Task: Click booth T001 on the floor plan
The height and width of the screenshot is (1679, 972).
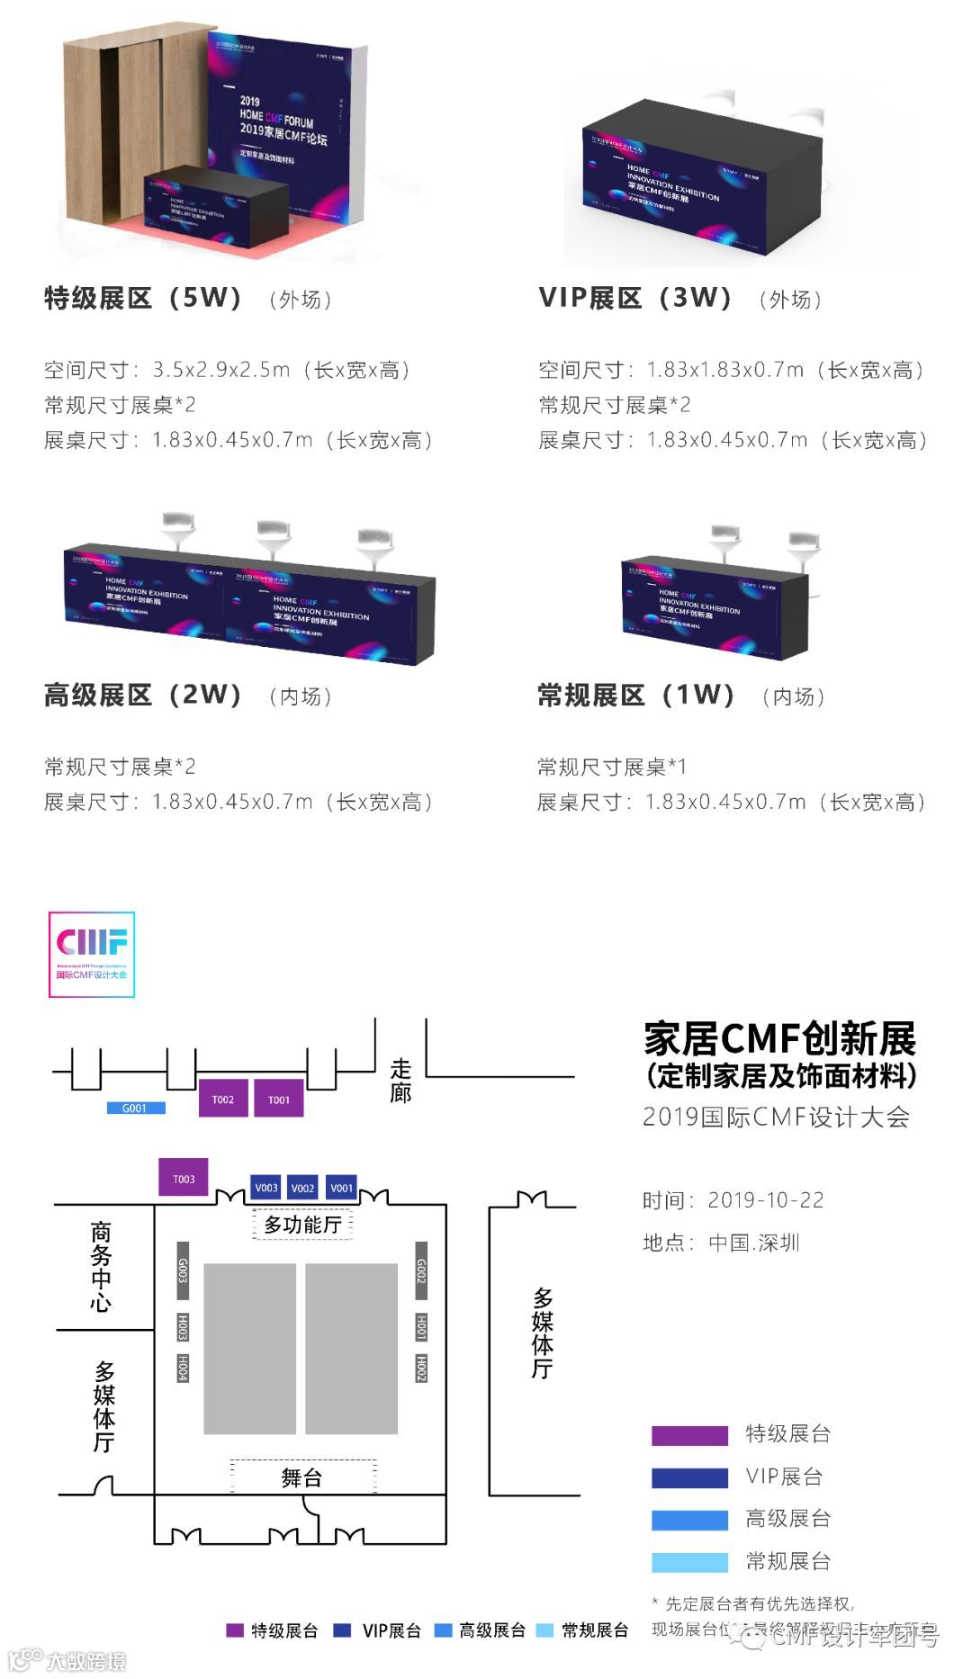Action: [279, 1099]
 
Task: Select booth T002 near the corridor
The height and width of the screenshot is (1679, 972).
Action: [223, 1099]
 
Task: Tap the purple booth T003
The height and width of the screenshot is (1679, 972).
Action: [184, 1178]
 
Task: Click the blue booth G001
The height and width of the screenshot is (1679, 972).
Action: [135, 1108]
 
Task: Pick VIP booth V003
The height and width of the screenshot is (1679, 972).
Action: [266, 1188]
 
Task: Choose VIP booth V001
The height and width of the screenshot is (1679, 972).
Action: [341, 1188]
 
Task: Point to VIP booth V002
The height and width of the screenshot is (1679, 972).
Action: [303, 1188]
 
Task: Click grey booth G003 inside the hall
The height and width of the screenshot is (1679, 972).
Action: [183, 1270]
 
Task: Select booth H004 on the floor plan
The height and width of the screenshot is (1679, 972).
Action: [183, 1368]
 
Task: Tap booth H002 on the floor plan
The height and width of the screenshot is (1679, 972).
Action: [420, 1368]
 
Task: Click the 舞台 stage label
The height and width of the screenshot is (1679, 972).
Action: [302, 1477]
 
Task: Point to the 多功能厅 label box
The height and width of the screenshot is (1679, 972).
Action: [302, 1225]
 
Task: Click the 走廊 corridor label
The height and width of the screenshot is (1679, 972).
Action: [400, 1081]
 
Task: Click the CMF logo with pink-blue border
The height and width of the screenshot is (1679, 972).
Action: [92, 955]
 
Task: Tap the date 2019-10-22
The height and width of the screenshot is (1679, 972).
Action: [765, 1200]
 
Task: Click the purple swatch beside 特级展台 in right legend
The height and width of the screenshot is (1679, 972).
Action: [689, 1435]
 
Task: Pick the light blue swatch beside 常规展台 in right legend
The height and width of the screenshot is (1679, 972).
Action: [689, 1562]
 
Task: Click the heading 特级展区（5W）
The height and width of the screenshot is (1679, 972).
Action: [144, 298]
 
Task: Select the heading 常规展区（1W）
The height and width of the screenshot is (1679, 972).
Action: [636, 695]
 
